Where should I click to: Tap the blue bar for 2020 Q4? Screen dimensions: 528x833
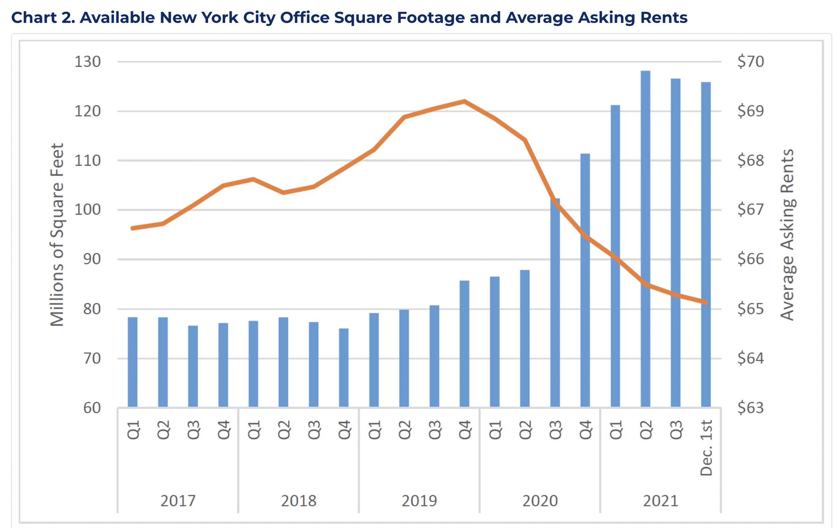(x=585, y=280)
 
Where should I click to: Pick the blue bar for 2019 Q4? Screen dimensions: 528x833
(x=464, y=344)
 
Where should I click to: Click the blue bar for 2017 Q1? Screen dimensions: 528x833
(x=133, y=362)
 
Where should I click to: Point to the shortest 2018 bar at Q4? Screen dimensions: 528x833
(x=344, y=367)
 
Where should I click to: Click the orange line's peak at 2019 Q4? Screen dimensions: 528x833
(x=464, y=101)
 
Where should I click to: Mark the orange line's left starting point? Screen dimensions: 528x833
(x=133, y=228)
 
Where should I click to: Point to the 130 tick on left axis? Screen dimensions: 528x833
(x=87, y=62)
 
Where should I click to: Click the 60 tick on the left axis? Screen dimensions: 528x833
(x=92, y=408)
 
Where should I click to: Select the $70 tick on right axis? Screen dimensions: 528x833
(x=750, y=62)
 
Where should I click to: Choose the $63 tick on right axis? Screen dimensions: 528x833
(x=750, y=408)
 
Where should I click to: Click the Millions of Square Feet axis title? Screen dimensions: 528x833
(x=57, y=235)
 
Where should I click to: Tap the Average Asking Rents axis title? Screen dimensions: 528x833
(x=787, y=235)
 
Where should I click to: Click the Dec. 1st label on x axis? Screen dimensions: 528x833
(x=707, y=448)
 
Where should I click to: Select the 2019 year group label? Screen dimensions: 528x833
(x=419, y=501)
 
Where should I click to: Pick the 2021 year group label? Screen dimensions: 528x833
(x=661, y=501)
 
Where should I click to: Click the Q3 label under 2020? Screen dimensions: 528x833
(x=555, y=430)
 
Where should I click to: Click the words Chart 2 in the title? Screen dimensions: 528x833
(x=43, y=17)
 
